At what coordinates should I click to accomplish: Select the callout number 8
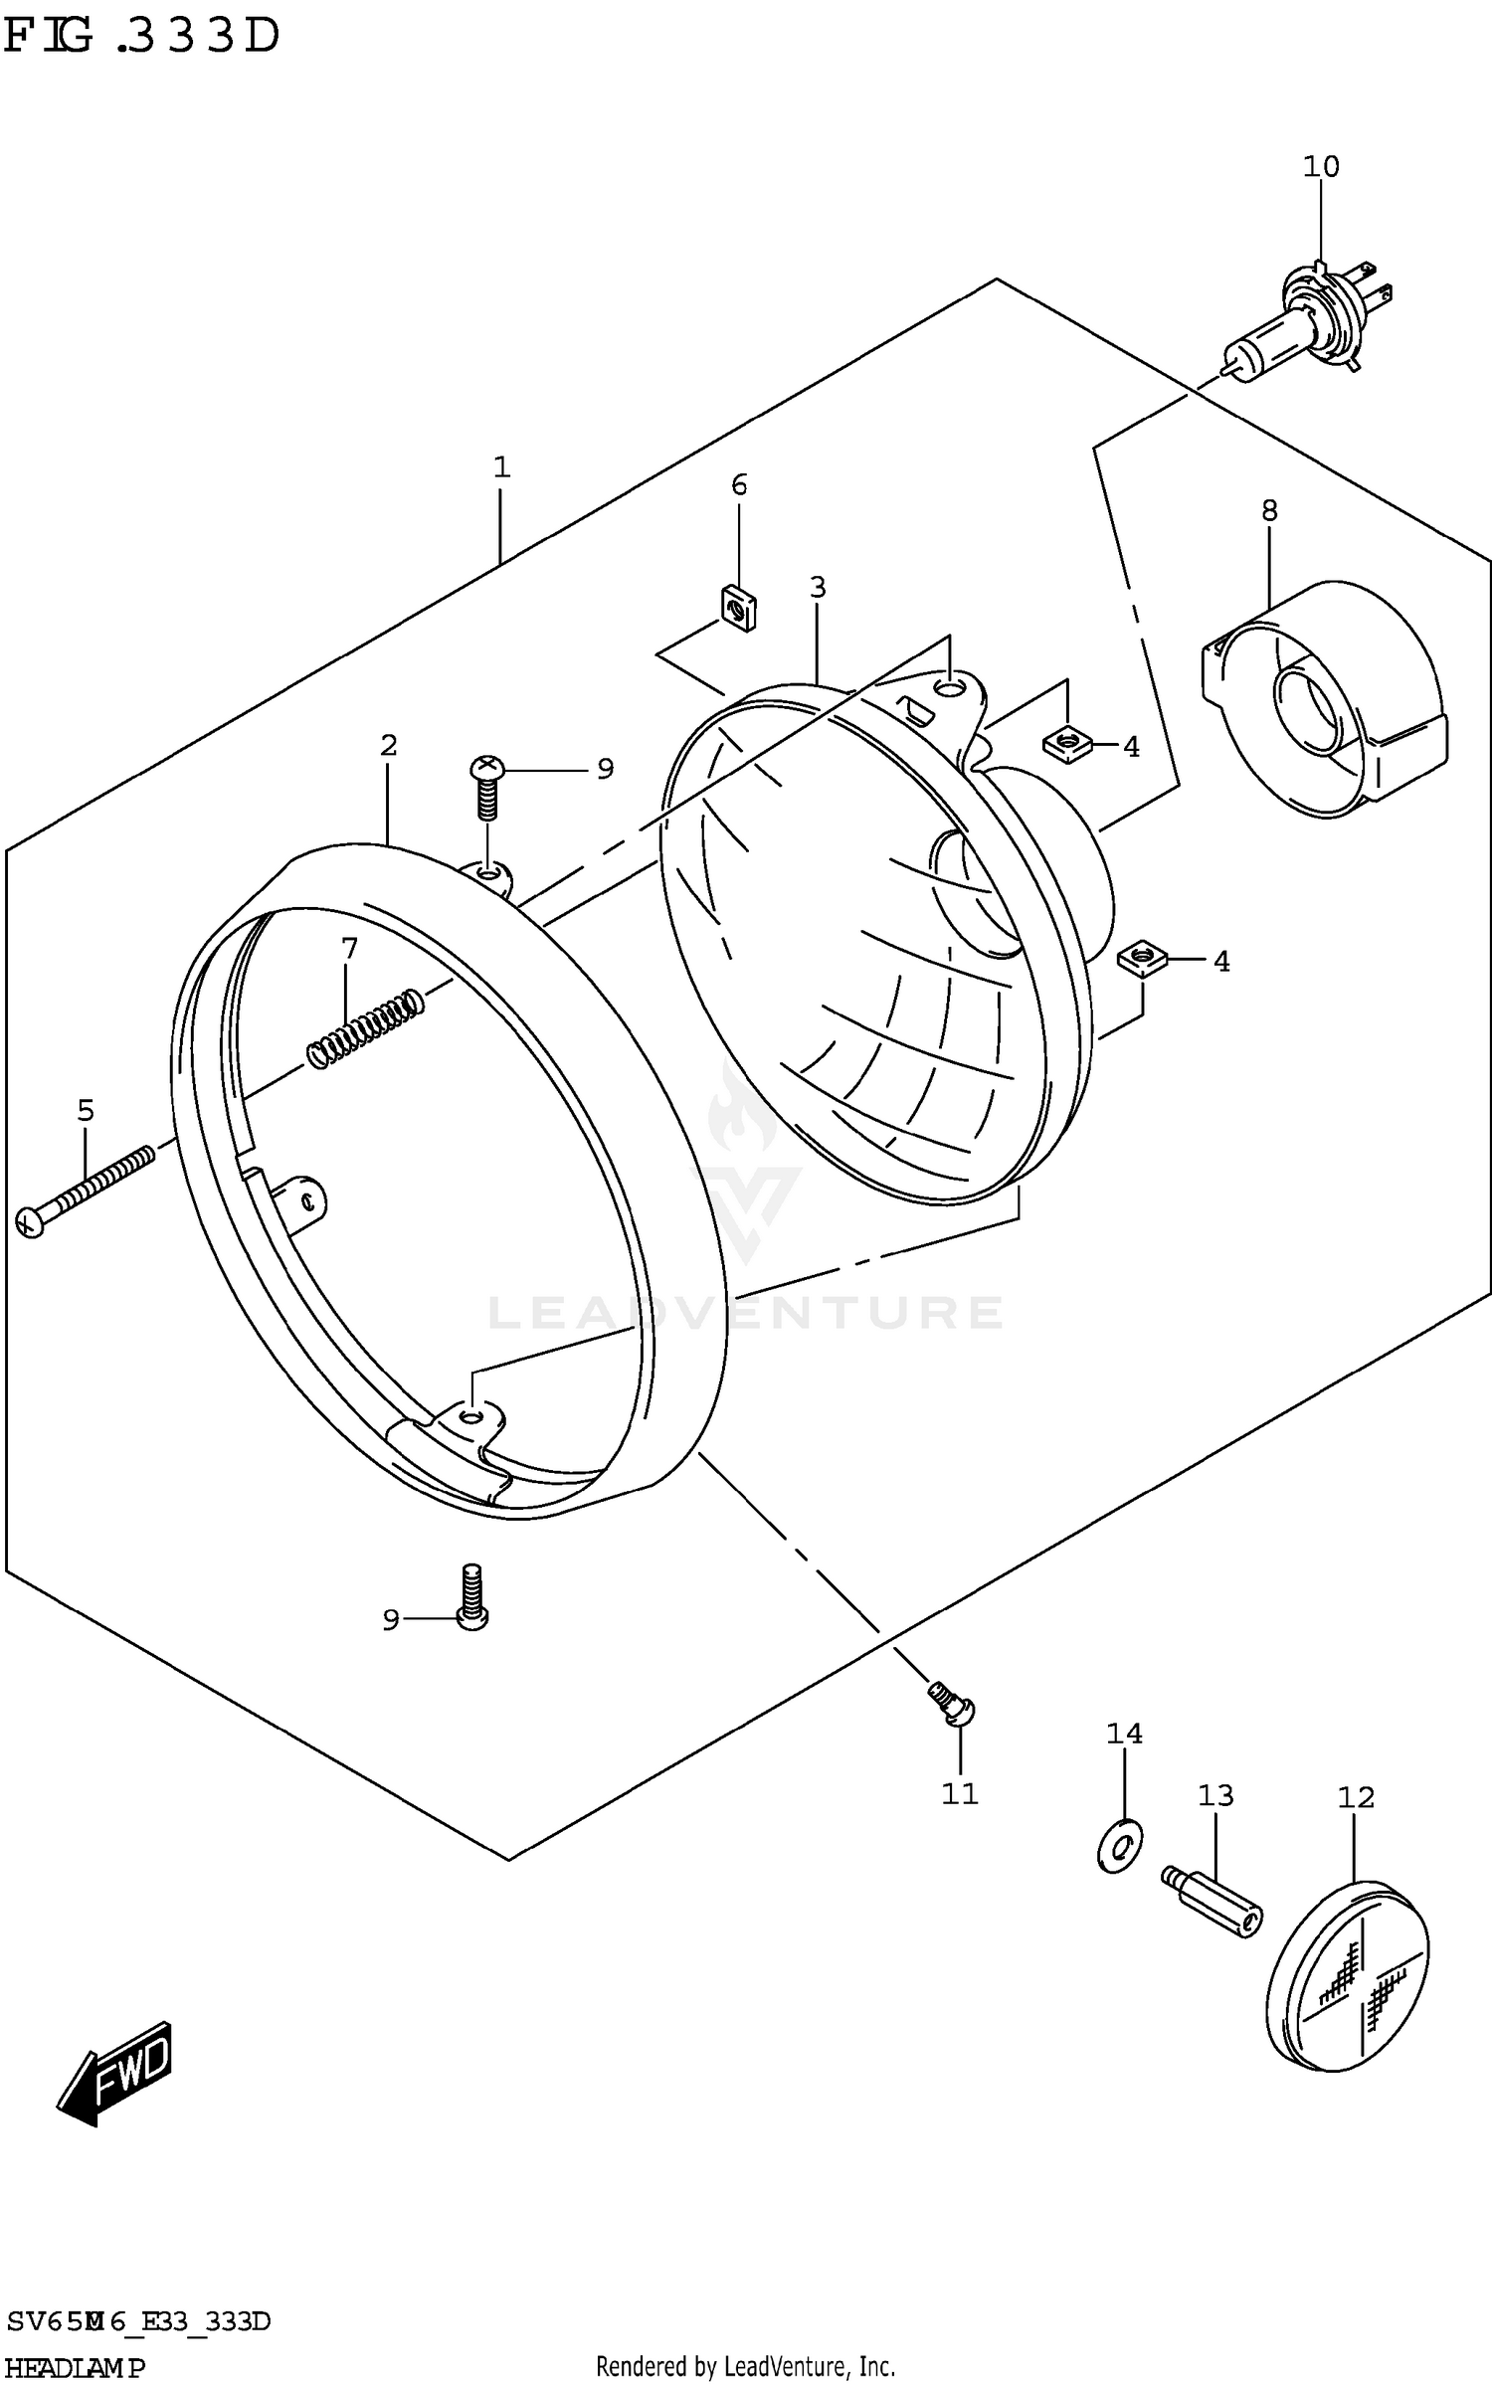pyautogui.click(x=1269, y=510)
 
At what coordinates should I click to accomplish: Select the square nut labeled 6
pyautogui.click(x=738, y=606)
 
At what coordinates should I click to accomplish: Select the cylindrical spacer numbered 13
pyautogui.click(x=1212, y=1902)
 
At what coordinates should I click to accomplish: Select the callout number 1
pyautogui.click(x=501, y=466)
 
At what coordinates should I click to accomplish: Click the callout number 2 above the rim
pyautogui.click(x=388, y=744)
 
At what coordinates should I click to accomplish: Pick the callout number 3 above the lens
pyautogui.click(x=817, y=587)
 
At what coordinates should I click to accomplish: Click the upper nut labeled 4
pyautogui.click(x=1067, y=742)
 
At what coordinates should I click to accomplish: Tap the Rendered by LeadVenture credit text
pyautogui.click(x=745, y=2368)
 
